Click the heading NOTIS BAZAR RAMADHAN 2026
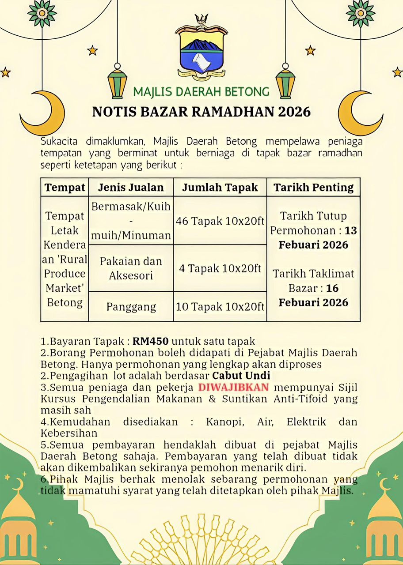201,112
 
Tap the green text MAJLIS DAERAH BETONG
201,92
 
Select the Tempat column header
65,188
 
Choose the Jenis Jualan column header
131,188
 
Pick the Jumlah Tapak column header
220,188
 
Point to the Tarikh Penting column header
314,188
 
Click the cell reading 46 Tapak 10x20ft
220,221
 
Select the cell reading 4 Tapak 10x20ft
220,268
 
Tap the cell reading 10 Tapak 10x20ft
220,306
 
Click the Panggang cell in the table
131,307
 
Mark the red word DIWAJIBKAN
234,388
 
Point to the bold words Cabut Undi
241,376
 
